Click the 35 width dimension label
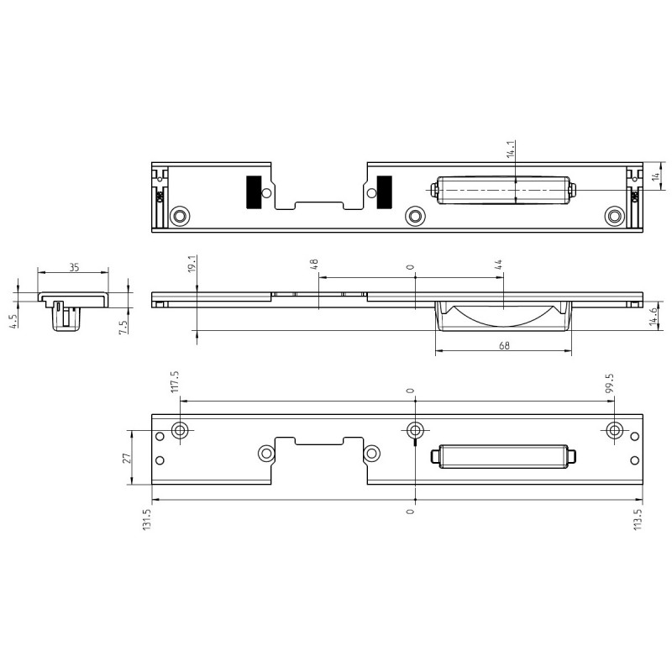click(x=74, y=267)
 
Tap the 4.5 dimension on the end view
click(x=14, y=321)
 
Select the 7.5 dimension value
click(x=123, y=327)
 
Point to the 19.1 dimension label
click(x=192, y=263)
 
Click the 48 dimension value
click(x=314, y=264)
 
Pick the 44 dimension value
click(x=498, y=265)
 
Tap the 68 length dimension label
click(x=505, y=345)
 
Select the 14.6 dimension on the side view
click(x=654, y=317)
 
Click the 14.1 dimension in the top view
click(x=511, y=149)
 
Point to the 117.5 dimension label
click(x=175, y=381)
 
